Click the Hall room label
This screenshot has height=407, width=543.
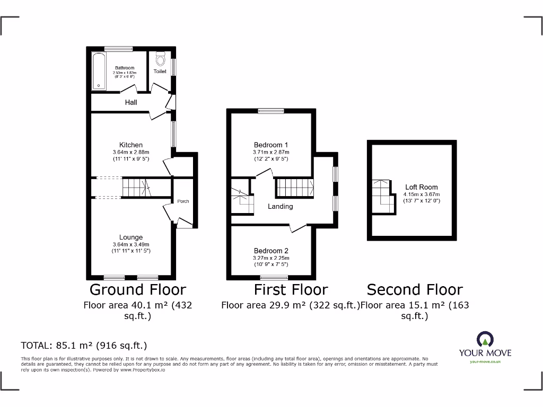click(131, 102)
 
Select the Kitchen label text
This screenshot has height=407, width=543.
click(130, 145)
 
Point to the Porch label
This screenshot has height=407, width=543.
click(183, 201)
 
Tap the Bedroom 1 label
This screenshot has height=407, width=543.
click(270, 145)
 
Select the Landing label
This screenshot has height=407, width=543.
click(280, 206)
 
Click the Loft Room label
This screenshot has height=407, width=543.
click(421, 187)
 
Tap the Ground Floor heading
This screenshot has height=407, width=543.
click(137, 289)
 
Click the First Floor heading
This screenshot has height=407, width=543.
click(291, 289)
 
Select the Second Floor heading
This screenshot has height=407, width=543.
click(415, 289)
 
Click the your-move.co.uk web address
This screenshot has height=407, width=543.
click(485, 361)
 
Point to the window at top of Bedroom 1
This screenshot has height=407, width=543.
click(270, 111)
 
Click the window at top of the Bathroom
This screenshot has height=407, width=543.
click(118, 49)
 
